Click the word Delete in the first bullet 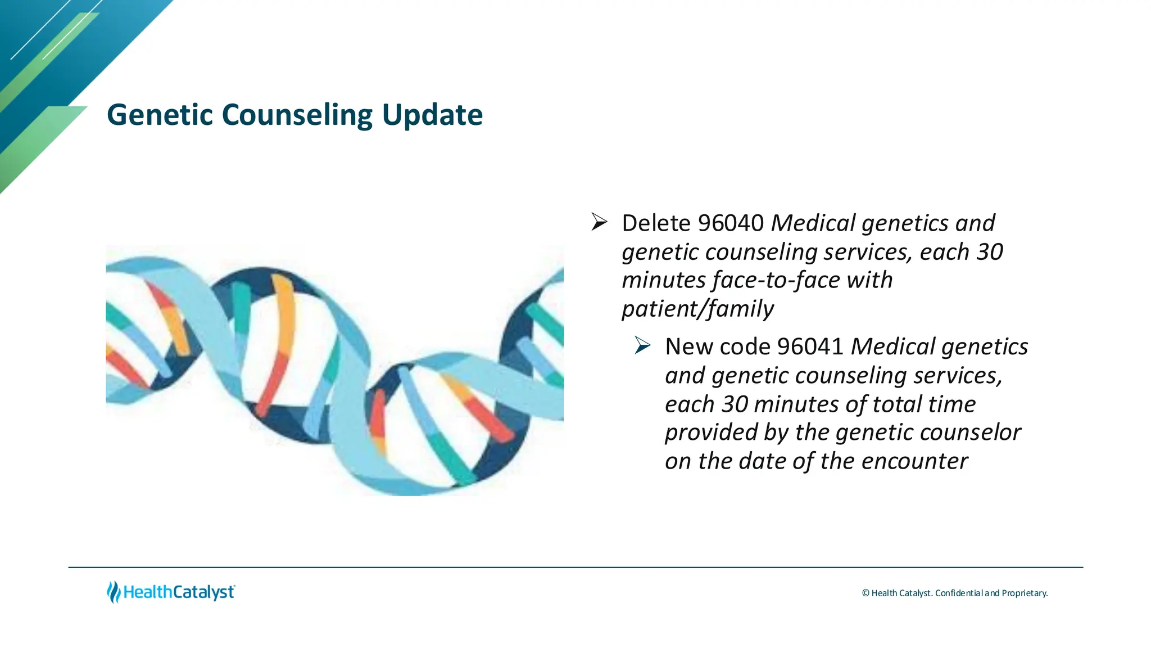click(656, 223)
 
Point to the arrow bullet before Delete click(599, 222)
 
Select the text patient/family click(697, 309)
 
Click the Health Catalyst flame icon click(114, 592)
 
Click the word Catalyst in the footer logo click(203, 592)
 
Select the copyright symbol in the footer click(865, 593)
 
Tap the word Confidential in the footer click(959, 593)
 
